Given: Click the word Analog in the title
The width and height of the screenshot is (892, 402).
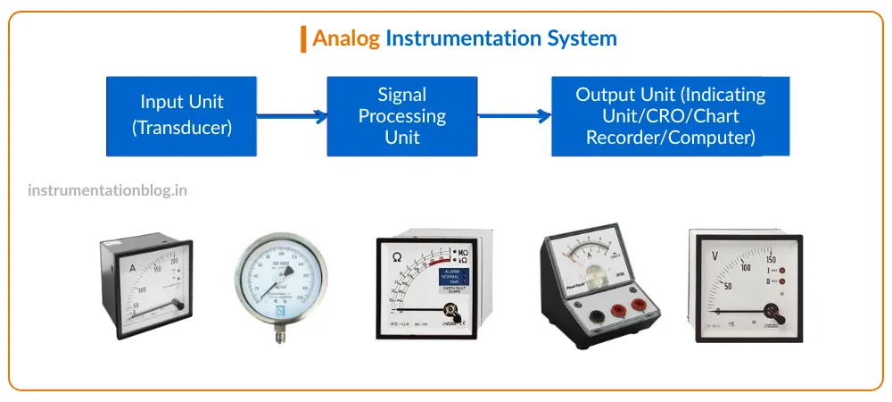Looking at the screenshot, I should pos(346,38).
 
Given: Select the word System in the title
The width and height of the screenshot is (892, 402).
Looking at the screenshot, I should pos(582,38).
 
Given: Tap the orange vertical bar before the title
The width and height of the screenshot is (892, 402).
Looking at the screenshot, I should pos(303,38).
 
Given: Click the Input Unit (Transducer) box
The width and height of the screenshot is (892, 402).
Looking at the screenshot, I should pos(182,116).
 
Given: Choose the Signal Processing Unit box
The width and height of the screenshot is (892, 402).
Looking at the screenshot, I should pos(401,116).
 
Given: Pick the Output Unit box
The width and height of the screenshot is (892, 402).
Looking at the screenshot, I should pos(670,116).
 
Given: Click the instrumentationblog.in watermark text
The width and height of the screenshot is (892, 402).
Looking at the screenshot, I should pos(107,190).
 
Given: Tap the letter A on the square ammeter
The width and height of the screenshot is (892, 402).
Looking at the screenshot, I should pos(133,267).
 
